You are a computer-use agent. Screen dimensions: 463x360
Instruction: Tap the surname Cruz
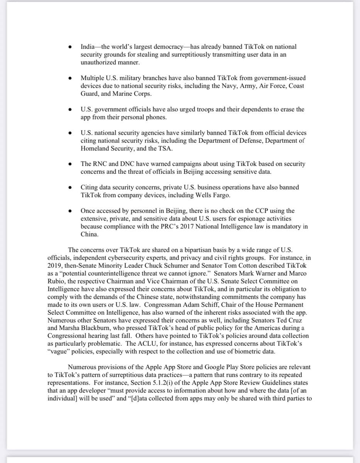[296, 320]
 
